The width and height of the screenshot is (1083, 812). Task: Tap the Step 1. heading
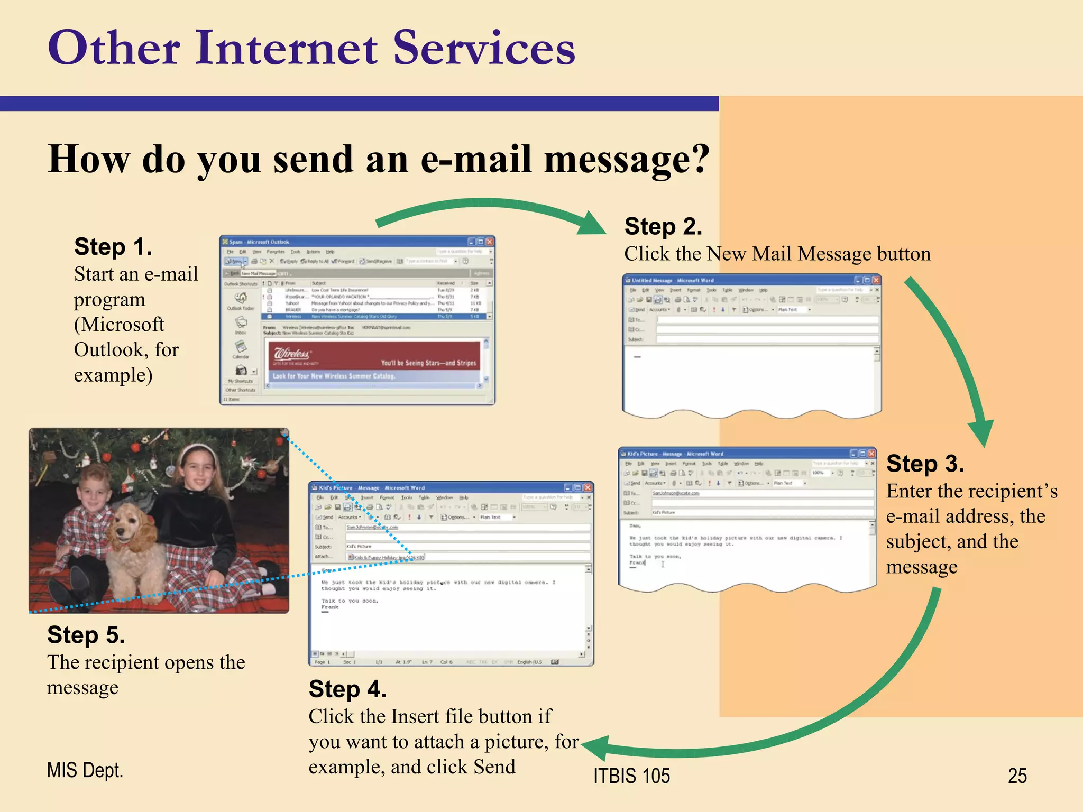pos(113,247)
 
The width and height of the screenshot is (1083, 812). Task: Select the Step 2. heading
pos(663,227)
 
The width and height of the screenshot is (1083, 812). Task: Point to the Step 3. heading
pos(925,464)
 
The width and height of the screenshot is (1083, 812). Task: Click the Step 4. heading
pos(347,689)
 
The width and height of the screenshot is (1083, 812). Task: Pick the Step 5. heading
pos(86,635)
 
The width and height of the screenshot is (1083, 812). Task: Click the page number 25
pos(1017,776)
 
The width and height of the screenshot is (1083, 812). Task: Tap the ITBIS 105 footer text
pos(631,776)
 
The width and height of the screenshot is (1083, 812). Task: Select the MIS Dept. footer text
pos(85,770)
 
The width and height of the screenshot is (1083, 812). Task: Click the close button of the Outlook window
pos(489,242)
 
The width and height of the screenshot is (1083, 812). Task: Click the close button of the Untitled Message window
pos(876,280)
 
